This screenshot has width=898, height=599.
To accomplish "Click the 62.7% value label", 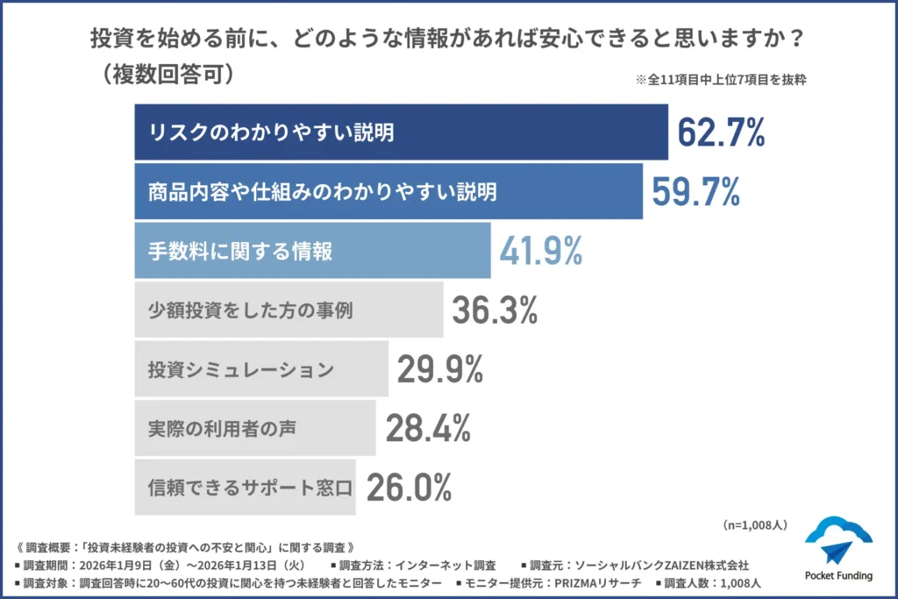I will [x=721, y=132].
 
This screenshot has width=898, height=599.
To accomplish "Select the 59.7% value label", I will [x=695, y=191].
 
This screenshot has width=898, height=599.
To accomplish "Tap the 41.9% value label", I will [x=541, y=251].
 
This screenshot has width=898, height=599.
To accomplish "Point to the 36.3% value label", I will [x=495, y=310].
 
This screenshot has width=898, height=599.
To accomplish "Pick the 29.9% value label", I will [x=439, y=369].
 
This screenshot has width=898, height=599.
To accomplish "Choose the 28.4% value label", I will [x=428, y=428].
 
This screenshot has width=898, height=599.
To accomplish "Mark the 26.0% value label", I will [x=409, y=487].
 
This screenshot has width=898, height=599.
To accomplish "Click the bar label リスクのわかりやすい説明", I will [x=271, y=133].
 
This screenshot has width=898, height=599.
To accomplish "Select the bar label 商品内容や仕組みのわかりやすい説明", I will [x=323, y=192].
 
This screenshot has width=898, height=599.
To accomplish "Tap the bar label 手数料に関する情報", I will [x=240, y=252].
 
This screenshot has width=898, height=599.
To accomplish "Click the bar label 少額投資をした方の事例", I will [x=251, y=310].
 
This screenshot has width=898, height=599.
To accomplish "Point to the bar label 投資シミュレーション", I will [x=240, y=370].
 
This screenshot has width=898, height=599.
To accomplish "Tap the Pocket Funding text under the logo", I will [x=838, y=575].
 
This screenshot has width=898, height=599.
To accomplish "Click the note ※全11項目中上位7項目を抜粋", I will [x=721, y=79].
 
